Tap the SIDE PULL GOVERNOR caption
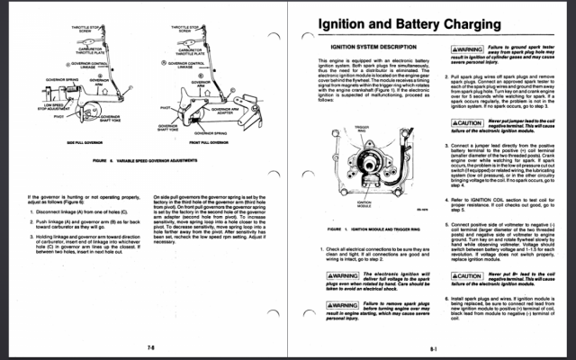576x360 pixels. [x=82, y=142]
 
